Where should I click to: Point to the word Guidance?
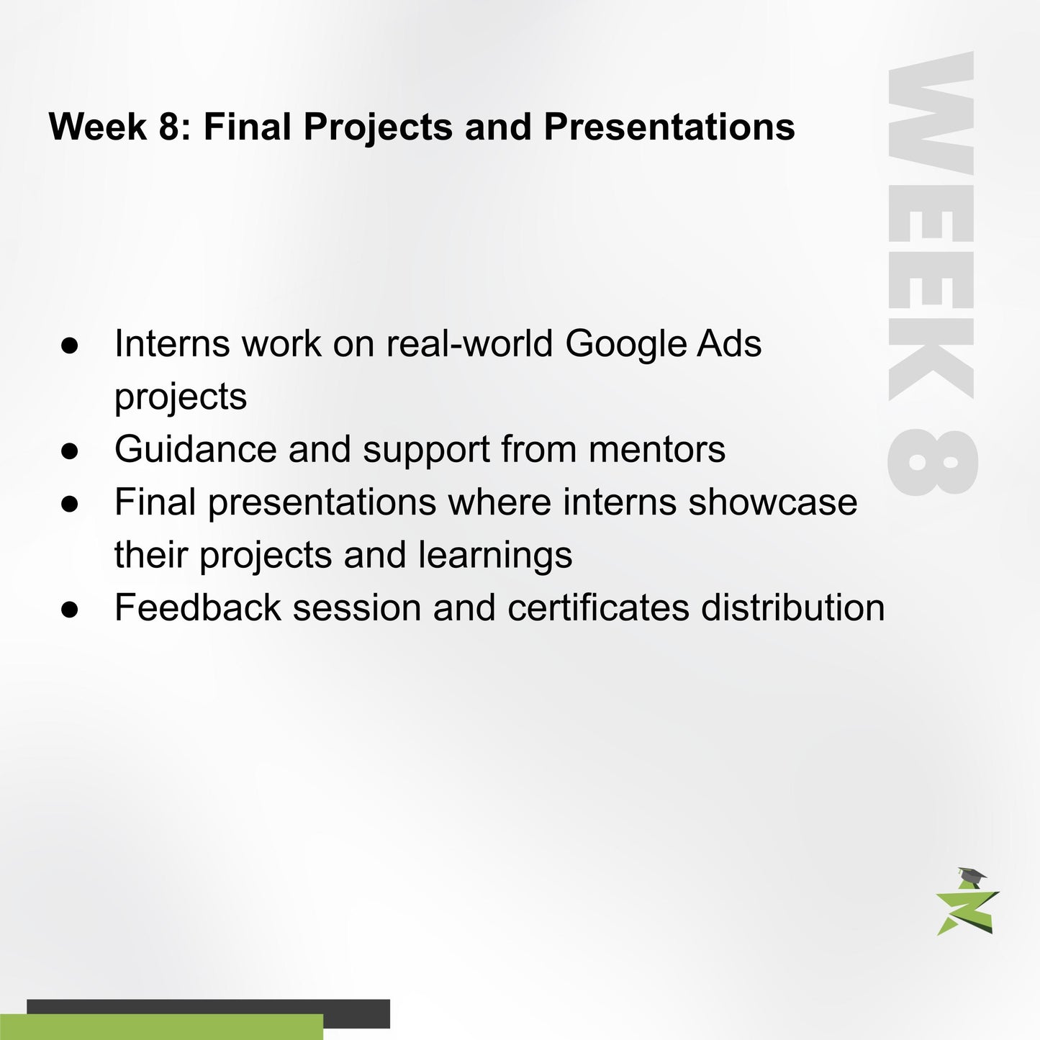pyautogui.click(x=195, y=450)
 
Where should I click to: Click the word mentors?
pyautogui.click(x=656, y=450)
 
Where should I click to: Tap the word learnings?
pyautogui.click(x=495, y=556)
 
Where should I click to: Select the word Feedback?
pyautogui.click(x=198, y=607)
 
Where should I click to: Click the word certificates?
pyautogui.click(x=599, y=607)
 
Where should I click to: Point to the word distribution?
pyautogui.click(x=792, y=607)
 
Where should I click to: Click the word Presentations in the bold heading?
pyautogui.click(x=669, y=127)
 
